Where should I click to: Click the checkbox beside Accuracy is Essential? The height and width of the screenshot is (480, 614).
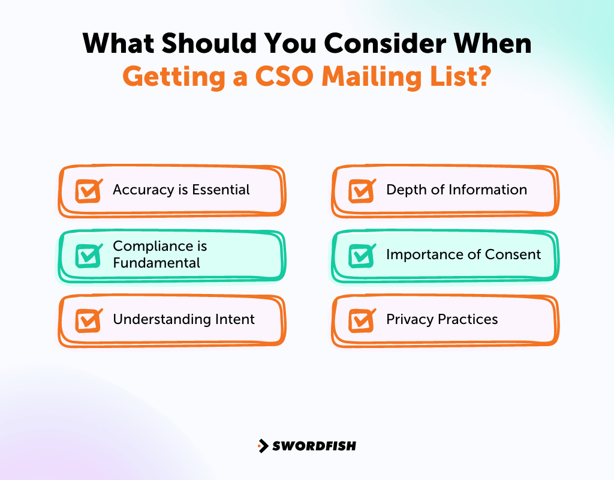pos(88,191)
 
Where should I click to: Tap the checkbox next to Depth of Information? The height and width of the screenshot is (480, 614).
pos(361,191)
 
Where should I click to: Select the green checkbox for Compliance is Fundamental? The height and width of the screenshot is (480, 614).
pos(88,256)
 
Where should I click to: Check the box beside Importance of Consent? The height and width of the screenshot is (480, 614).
pos(361,256)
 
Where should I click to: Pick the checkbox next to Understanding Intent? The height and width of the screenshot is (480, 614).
pos(88,320)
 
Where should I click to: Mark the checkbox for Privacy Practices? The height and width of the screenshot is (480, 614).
pos(361,320)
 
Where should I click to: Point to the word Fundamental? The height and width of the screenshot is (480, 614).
pos(156,263)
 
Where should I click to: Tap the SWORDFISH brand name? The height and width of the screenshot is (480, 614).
pos(314,446)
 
